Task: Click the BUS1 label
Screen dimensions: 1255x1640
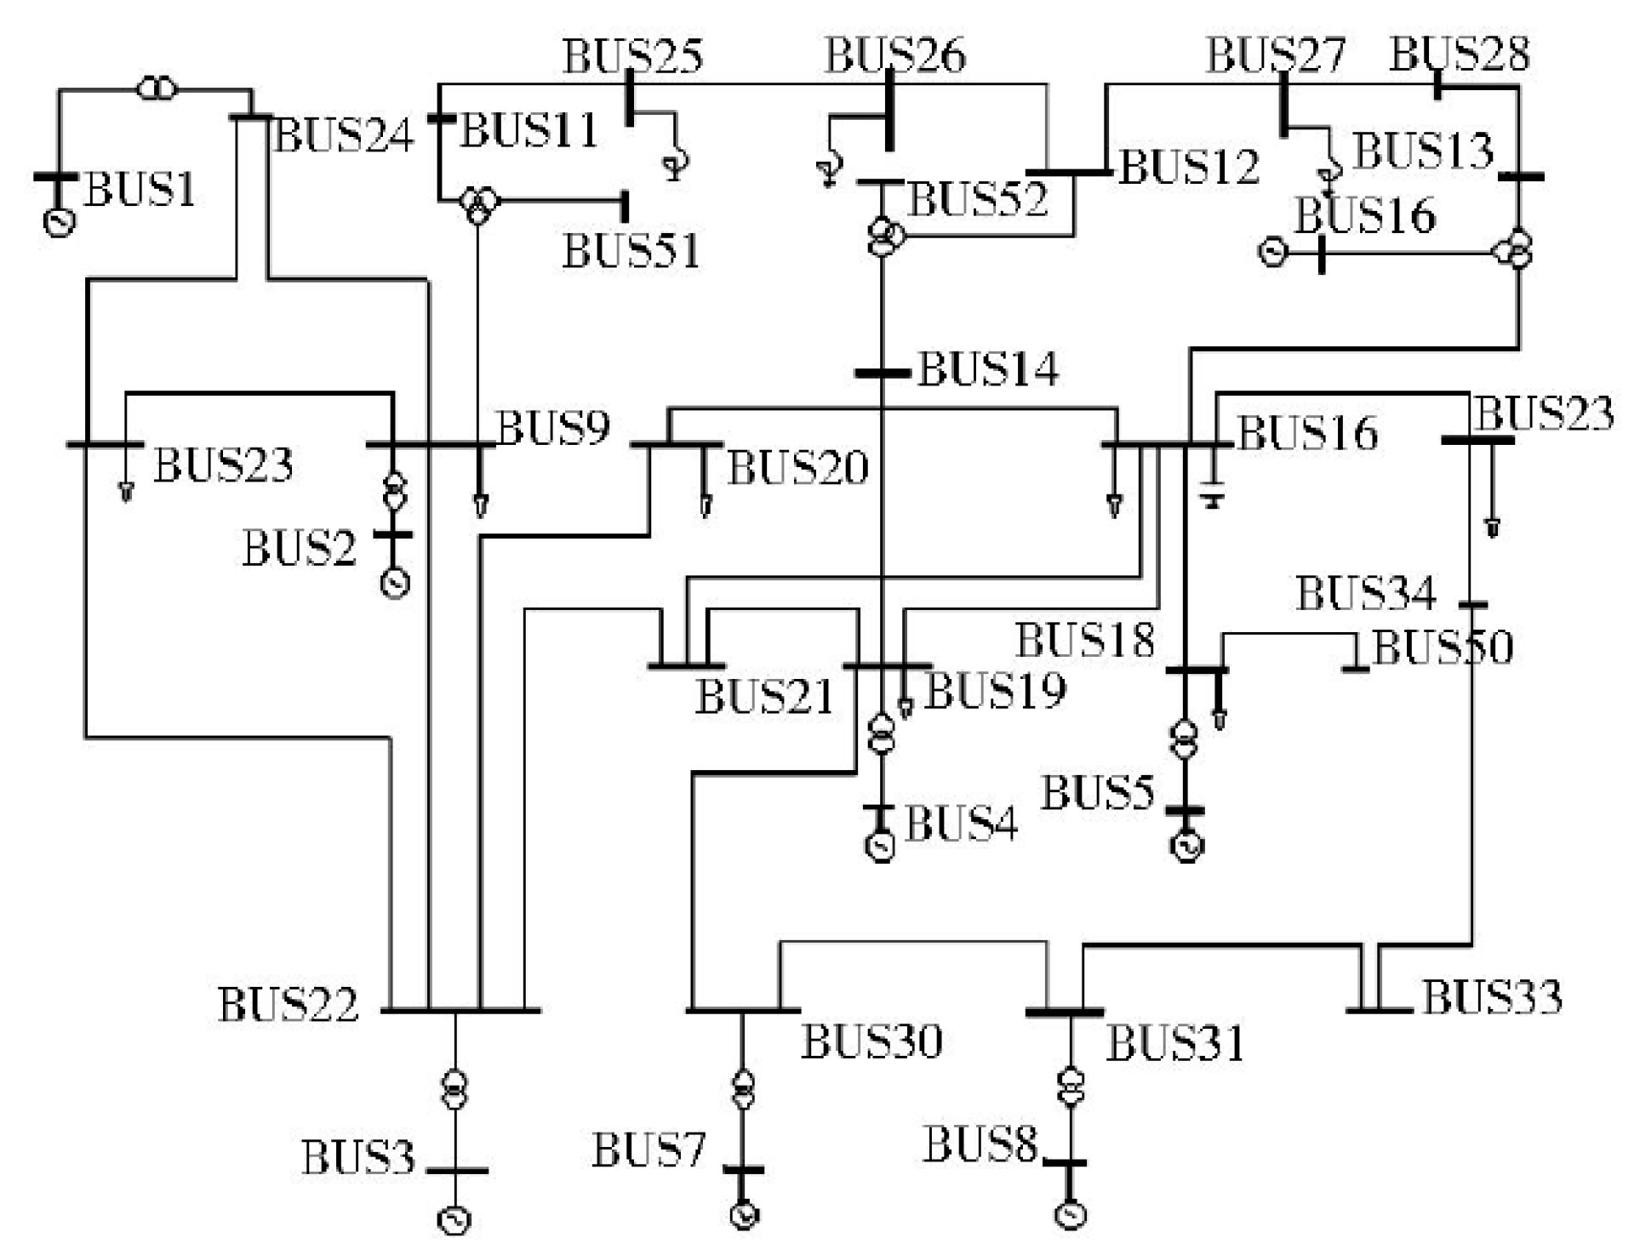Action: (140, 189)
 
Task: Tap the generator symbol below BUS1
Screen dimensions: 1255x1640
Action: (59, 222)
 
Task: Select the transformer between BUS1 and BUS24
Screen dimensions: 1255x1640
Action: (156, 88)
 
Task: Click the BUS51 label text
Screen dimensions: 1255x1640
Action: (631, 252)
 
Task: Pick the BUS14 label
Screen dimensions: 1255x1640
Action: (988, 370)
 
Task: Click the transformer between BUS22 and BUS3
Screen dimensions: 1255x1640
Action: (455, 1090)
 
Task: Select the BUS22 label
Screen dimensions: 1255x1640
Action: (289, 1005)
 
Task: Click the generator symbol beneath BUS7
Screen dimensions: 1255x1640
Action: (745, 1215)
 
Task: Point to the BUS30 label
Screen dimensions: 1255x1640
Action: (871, 1041)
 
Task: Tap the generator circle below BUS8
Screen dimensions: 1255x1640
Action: (1071, 1214)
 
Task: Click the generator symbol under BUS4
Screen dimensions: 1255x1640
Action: (880, 847)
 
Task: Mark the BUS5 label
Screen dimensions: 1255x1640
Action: (1098, 794)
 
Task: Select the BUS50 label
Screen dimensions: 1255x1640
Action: (1443, 647)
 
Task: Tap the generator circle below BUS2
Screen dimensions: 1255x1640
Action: (394, 583)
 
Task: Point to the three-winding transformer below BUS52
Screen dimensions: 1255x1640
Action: (884, 236)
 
